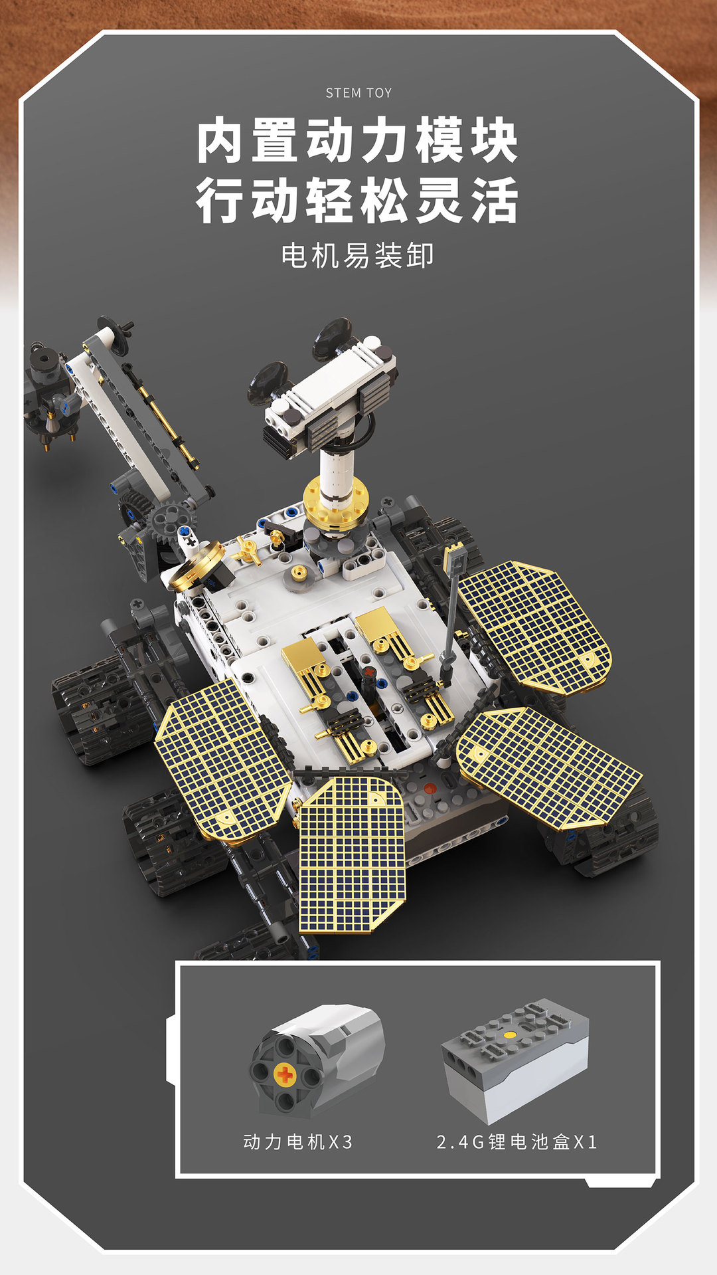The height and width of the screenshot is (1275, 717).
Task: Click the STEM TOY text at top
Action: tap(358, 93)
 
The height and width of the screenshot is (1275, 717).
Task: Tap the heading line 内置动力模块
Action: tap(357, 140)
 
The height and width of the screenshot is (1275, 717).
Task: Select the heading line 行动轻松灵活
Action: tap(357, 200)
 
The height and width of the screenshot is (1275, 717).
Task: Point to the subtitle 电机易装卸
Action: tap(357, 256)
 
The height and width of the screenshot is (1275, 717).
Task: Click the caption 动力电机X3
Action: tap(297, 1141)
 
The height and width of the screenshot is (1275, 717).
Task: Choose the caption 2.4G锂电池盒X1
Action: tap(517, 1141)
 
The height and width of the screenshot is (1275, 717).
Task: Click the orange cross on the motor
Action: tap(285, 1074)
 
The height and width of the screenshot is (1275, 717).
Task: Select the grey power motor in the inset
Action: tap(317, 1059)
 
